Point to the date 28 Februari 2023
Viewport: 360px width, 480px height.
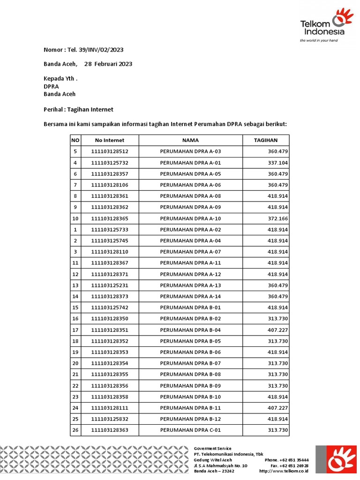(108, 64)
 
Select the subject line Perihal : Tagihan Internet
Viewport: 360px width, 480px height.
(78, 109)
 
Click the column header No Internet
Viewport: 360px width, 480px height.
(110, 140)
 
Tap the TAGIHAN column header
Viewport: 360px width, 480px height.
(266, 140)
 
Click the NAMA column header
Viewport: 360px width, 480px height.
(190, 140)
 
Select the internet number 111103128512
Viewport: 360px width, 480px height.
(110, 151)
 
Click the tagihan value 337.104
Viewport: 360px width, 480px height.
(277, 163)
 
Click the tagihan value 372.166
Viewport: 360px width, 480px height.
(277, 218)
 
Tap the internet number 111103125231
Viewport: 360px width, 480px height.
(110, 285)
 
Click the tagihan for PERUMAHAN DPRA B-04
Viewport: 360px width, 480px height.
(277, 330)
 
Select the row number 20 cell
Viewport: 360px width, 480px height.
(75, 363)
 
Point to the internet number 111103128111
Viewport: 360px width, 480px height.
(110, 408)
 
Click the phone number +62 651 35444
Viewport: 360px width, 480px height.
(294, 460)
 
